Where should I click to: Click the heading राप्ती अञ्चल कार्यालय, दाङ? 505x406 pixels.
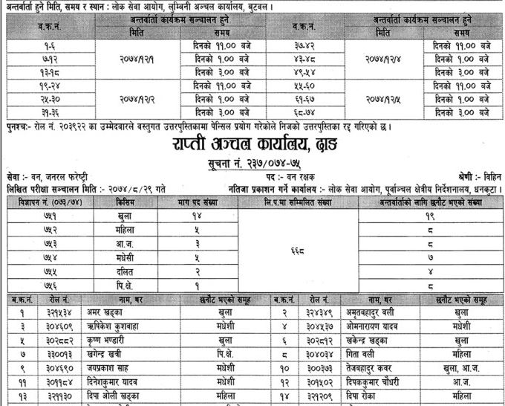[252, 144]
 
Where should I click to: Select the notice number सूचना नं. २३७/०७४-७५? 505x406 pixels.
[252, 163]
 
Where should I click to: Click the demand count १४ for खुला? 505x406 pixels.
[197, 215]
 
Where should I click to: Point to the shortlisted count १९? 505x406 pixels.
[430, 216]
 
